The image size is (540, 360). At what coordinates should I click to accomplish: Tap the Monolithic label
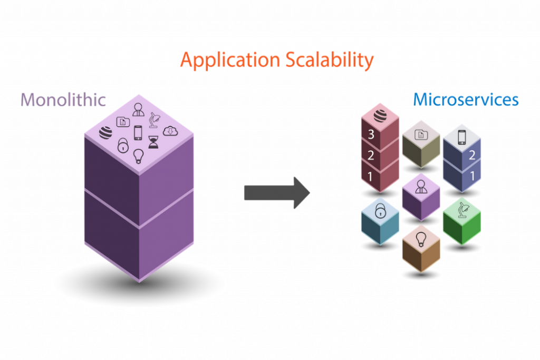pos(63,100)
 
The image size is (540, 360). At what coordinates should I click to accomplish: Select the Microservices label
pos(466,99)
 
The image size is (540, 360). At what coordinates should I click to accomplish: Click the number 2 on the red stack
pos(371,155)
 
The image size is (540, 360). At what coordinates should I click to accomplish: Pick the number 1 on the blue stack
pos(472,175)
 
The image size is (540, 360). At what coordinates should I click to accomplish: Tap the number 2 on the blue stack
pos(472,155)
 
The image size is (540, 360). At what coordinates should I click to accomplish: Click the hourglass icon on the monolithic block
pos(153,142)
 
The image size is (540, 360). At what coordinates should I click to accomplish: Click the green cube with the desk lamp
pos(462,221)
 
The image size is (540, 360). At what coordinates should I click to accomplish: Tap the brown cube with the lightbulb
pos(421,248)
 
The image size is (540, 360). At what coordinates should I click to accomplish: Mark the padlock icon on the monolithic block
pos(122,145)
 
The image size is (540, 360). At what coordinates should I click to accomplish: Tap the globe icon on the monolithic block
pos(105,133)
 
